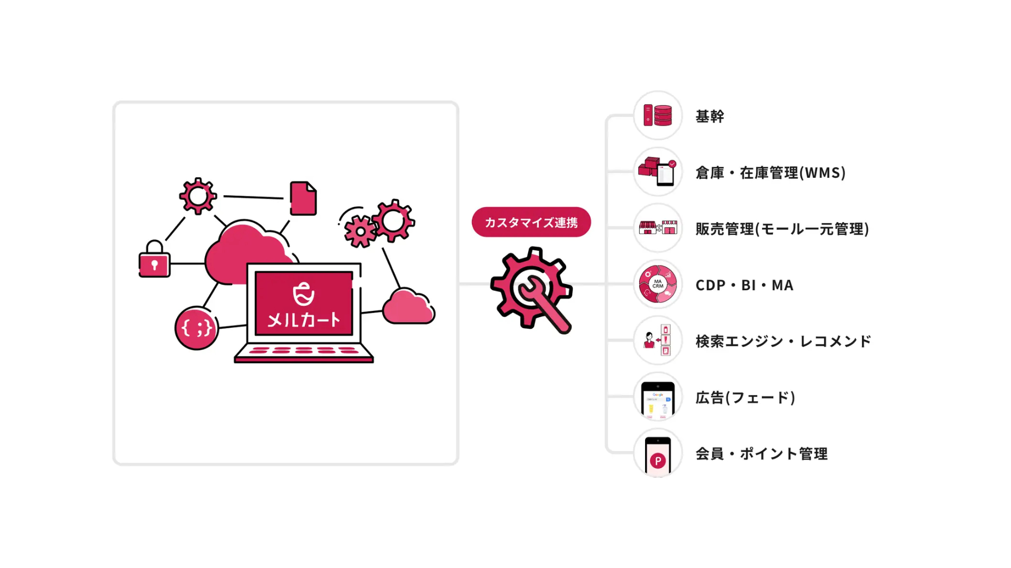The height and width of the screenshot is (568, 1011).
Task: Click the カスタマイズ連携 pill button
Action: tap(531, 222)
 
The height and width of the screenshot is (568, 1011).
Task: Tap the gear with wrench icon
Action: tap(531, 290)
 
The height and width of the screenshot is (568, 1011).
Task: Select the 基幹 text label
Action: tap(709, 116)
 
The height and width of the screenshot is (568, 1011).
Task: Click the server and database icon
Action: tap(658, 115)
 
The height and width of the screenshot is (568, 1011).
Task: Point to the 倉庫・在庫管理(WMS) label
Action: tap(770, 173)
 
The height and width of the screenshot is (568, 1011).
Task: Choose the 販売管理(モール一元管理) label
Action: tap(782, 229)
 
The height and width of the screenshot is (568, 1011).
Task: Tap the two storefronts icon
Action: tap(658, 228)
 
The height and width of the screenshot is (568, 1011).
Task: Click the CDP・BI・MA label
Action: tap(744, 285)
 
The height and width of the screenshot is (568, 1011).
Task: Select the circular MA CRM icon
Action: tap(658, 284)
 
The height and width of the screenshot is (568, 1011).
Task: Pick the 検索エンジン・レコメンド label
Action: tap(783, 341)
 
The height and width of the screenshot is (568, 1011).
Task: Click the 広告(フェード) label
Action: tap(745, 398)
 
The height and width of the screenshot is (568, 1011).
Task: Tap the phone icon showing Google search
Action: tap(658, 400)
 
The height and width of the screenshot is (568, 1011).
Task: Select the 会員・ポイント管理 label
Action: tap(761, 454)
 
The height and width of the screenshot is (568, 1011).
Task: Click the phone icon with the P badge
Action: tap(658, 456)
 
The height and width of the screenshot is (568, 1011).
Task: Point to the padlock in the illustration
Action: tap(154, 259)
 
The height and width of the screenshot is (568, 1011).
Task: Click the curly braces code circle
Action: tap(196, 328)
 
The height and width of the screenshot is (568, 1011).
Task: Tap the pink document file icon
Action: tap(303, 198)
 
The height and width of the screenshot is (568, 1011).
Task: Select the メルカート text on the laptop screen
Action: tap(304, 319)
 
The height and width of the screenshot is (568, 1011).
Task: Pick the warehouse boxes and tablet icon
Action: tap(657, 171)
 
